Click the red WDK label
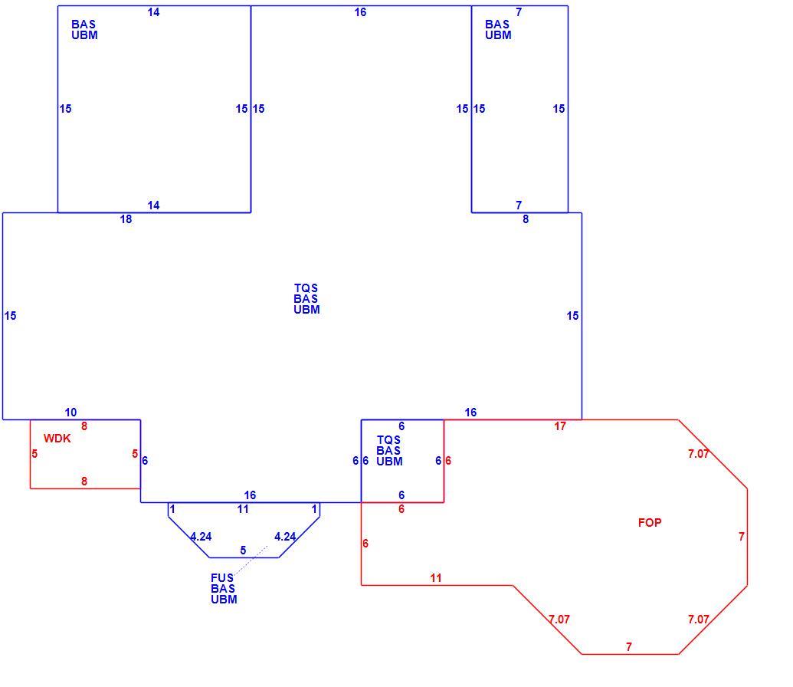point(57,439)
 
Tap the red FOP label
point(650,522)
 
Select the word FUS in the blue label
point(222,577)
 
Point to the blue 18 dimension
point(126,219)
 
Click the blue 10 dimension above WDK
point(70,412)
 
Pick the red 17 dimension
point(560,426)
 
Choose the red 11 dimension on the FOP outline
point(436,577)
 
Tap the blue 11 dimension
point(243,509)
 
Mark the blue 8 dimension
point(526,219)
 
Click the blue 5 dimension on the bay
point(243,551)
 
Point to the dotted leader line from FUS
point(251,561)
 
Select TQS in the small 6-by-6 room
point(389,440)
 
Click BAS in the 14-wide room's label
point(84,25)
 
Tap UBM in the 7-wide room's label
point(498,35)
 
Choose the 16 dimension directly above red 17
point(470,412)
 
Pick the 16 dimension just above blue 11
point(250,495)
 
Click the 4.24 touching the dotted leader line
point(285,537)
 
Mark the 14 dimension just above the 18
point(154,205)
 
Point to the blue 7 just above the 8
point(519,205)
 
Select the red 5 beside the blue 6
point(135,454)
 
